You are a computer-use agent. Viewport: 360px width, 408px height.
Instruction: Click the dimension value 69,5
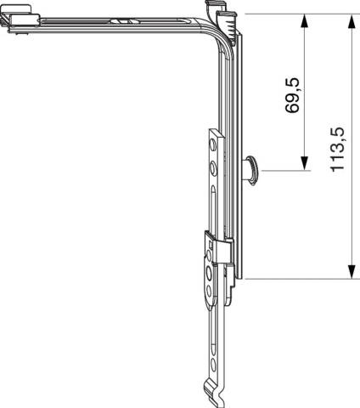coord(292,95)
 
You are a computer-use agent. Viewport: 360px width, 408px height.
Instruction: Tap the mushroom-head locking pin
coord(250,170)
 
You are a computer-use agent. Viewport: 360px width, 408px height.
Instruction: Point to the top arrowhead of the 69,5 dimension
coord(304,21)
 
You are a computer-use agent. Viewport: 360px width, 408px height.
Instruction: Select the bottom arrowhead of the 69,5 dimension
coord(304,163)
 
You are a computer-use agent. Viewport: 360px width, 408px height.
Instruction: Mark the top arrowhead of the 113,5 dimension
coord(352,21)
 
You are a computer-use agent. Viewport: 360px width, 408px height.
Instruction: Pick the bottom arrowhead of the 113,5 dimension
coord(352,272)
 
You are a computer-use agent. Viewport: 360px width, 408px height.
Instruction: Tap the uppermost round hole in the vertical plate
coord(212,144)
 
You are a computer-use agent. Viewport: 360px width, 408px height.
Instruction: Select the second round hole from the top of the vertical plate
coord(212,168)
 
